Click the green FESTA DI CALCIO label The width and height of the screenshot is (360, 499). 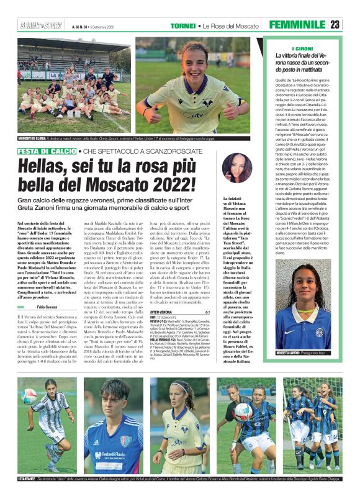47,151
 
